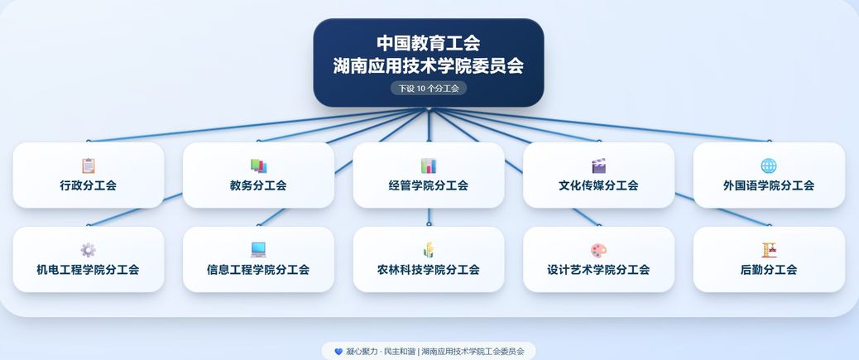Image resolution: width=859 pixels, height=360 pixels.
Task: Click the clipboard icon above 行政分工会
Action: click(89, 166)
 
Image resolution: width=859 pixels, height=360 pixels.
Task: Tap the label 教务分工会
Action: click(258, 185)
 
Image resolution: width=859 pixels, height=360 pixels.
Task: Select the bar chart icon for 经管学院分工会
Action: click(429, 166)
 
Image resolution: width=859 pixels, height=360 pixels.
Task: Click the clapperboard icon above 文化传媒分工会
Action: click(599, 166)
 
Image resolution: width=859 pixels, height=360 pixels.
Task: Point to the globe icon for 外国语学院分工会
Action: click(769, 166)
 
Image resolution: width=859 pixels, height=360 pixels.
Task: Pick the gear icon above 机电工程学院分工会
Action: click(89, 250)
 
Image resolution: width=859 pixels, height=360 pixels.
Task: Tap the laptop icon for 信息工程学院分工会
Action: click(258, 250)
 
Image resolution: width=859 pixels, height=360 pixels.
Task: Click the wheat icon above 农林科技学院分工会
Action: click(429, 250)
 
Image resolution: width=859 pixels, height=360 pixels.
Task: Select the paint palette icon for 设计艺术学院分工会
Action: click(599, 251)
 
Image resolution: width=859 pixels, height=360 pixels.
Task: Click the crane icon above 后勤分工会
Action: click(769, 250)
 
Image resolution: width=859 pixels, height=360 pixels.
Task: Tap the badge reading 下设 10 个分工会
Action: click(429, 89)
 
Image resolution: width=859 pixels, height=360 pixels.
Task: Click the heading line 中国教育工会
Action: click(429, 43)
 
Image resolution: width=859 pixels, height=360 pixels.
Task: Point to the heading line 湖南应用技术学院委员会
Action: click(429, 65)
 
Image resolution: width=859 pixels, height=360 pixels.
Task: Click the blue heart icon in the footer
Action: click(338, 351)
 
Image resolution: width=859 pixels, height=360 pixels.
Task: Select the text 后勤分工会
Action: click(769, 270)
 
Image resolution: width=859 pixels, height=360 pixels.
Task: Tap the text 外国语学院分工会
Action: click(769, 185)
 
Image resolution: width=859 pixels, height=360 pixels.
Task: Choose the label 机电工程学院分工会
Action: click(88, 270)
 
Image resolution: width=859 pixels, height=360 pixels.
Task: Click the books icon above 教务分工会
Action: click(258, 166)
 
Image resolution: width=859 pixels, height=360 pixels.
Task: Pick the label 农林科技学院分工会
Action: click(429, 270)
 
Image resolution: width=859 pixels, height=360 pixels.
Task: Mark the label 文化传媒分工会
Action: click(599, 185)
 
